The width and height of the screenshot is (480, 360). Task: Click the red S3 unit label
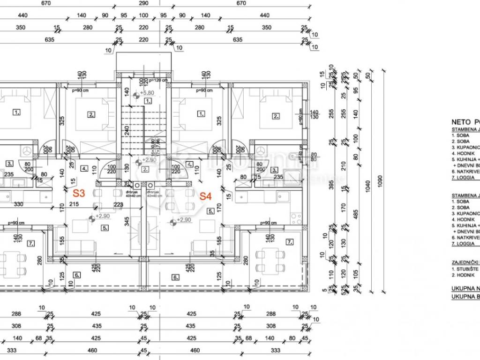point(79,193)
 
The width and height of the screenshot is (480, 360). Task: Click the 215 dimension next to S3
point(75,204)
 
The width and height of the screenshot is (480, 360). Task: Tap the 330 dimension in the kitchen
point(18,204)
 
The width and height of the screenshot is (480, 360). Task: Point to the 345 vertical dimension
point(127,219)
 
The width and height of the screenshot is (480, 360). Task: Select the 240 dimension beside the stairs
point(127,133)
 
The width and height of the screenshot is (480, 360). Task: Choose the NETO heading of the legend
point(461,120)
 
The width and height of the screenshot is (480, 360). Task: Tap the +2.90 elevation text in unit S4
point(184,220)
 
